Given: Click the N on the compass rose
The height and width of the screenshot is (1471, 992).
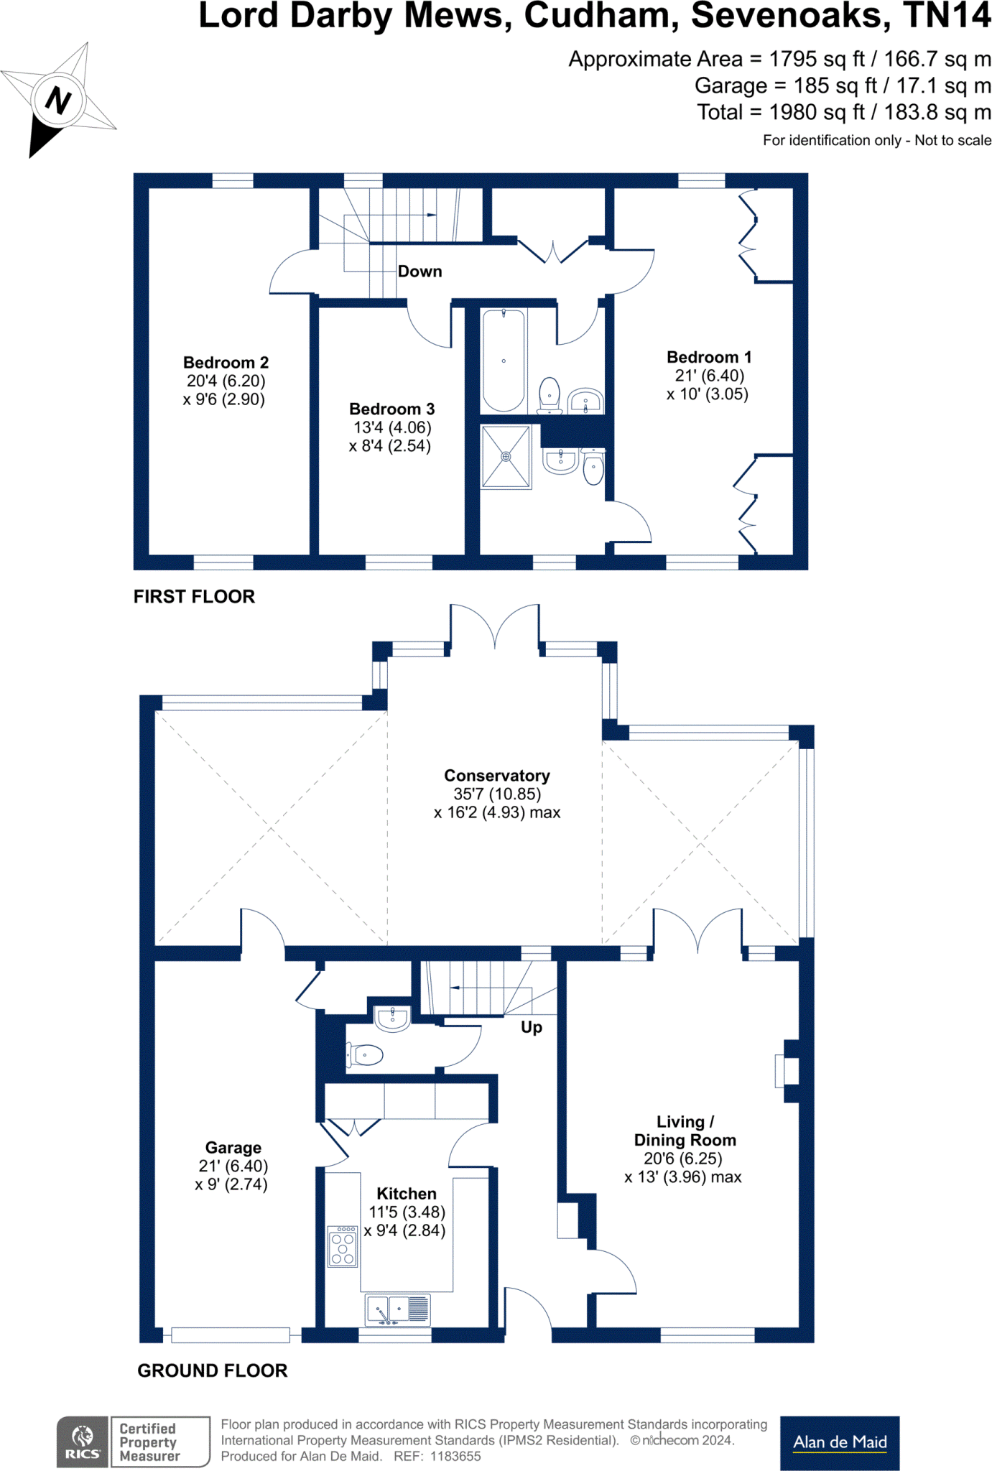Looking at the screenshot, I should tap(58, 100).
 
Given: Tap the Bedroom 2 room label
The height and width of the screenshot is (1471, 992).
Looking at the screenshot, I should tap(226, 363).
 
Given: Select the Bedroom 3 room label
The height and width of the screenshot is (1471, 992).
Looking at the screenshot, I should tap(391, 409).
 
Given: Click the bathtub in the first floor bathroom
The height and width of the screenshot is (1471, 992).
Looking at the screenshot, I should tap(504, 361).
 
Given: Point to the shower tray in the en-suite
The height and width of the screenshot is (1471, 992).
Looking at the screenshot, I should tap(506, 457).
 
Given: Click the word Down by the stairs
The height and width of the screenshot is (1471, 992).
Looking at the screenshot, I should tap(419, 272).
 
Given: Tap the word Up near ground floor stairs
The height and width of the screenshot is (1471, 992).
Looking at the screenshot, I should tap(532, 1027).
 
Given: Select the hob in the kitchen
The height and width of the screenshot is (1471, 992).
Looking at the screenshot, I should tap(343, 1246).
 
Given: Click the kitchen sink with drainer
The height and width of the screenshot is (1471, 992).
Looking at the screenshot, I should tap(397, 1309).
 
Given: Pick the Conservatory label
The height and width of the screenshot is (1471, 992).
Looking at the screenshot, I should tap(496, 776).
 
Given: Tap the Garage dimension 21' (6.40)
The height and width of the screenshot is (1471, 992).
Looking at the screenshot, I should tap(233, 1166).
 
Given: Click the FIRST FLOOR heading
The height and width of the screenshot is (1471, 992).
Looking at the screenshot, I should tap(194, 597).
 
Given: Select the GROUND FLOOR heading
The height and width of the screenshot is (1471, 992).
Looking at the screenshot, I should tap(212, 1370).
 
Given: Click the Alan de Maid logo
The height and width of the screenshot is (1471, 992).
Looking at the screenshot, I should tap(839, 1442).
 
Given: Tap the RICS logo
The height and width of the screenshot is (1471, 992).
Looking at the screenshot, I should tap(82, 1442).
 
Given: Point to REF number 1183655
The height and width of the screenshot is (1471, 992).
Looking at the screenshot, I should tap(455, 1457).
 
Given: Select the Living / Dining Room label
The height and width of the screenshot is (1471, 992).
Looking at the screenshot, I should tap(685, 1131).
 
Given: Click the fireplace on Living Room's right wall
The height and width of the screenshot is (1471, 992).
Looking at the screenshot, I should tap(787, 1071).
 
